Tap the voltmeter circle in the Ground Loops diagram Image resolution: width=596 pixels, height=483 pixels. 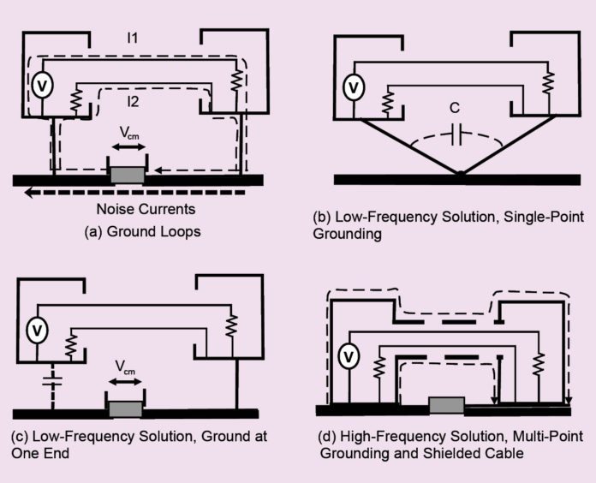point(39,85)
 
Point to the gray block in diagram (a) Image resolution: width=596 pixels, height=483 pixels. point(127,175)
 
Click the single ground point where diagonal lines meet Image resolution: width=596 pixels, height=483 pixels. point(462,176)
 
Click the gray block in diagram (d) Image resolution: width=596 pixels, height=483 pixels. point(445,403)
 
